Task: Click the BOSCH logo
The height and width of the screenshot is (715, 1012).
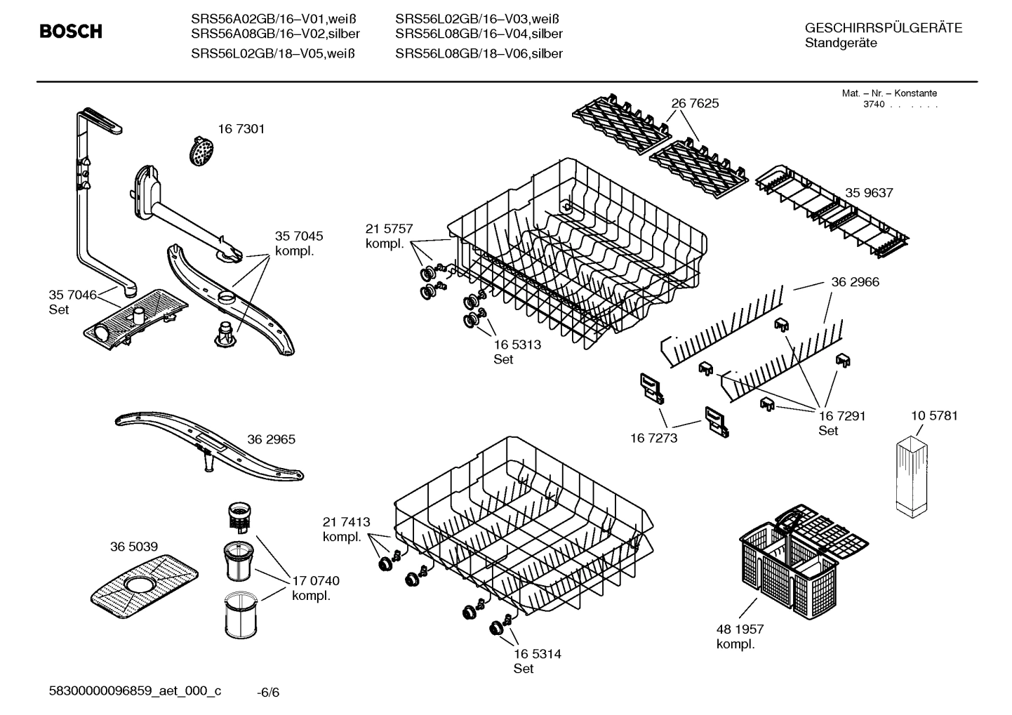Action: [x=71, y=32]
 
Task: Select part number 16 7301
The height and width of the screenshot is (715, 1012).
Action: [x=241, y=129]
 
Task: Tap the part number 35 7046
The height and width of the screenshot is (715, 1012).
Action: [x=72, y=295]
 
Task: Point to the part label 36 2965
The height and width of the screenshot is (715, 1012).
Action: [x=271, y=439]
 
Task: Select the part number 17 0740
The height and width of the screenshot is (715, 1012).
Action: [x=315, y=580]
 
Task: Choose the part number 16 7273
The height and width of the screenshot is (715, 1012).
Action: [x=653, y=438]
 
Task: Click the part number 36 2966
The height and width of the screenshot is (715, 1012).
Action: [x=855, y=282]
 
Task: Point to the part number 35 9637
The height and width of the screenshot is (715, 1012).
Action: [x=869, y=193]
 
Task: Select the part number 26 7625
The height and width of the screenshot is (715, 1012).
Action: [x=695, y=103]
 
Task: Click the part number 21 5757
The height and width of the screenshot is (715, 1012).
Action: [x=389, y=229]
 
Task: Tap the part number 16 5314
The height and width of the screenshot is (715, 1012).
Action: [x=537, y=654]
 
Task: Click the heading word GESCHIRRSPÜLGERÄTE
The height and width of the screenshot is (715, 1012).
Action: [x=884, y=28]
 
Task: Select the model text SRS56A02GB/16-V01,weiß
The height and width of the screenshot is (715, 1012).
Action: [x=274, y=19]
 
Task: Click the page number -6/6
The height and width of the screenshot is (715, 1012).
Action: [x=268, y=693]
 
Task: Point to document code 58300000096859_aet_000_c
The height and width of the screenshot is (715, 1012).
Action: [x=135, y=691]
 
